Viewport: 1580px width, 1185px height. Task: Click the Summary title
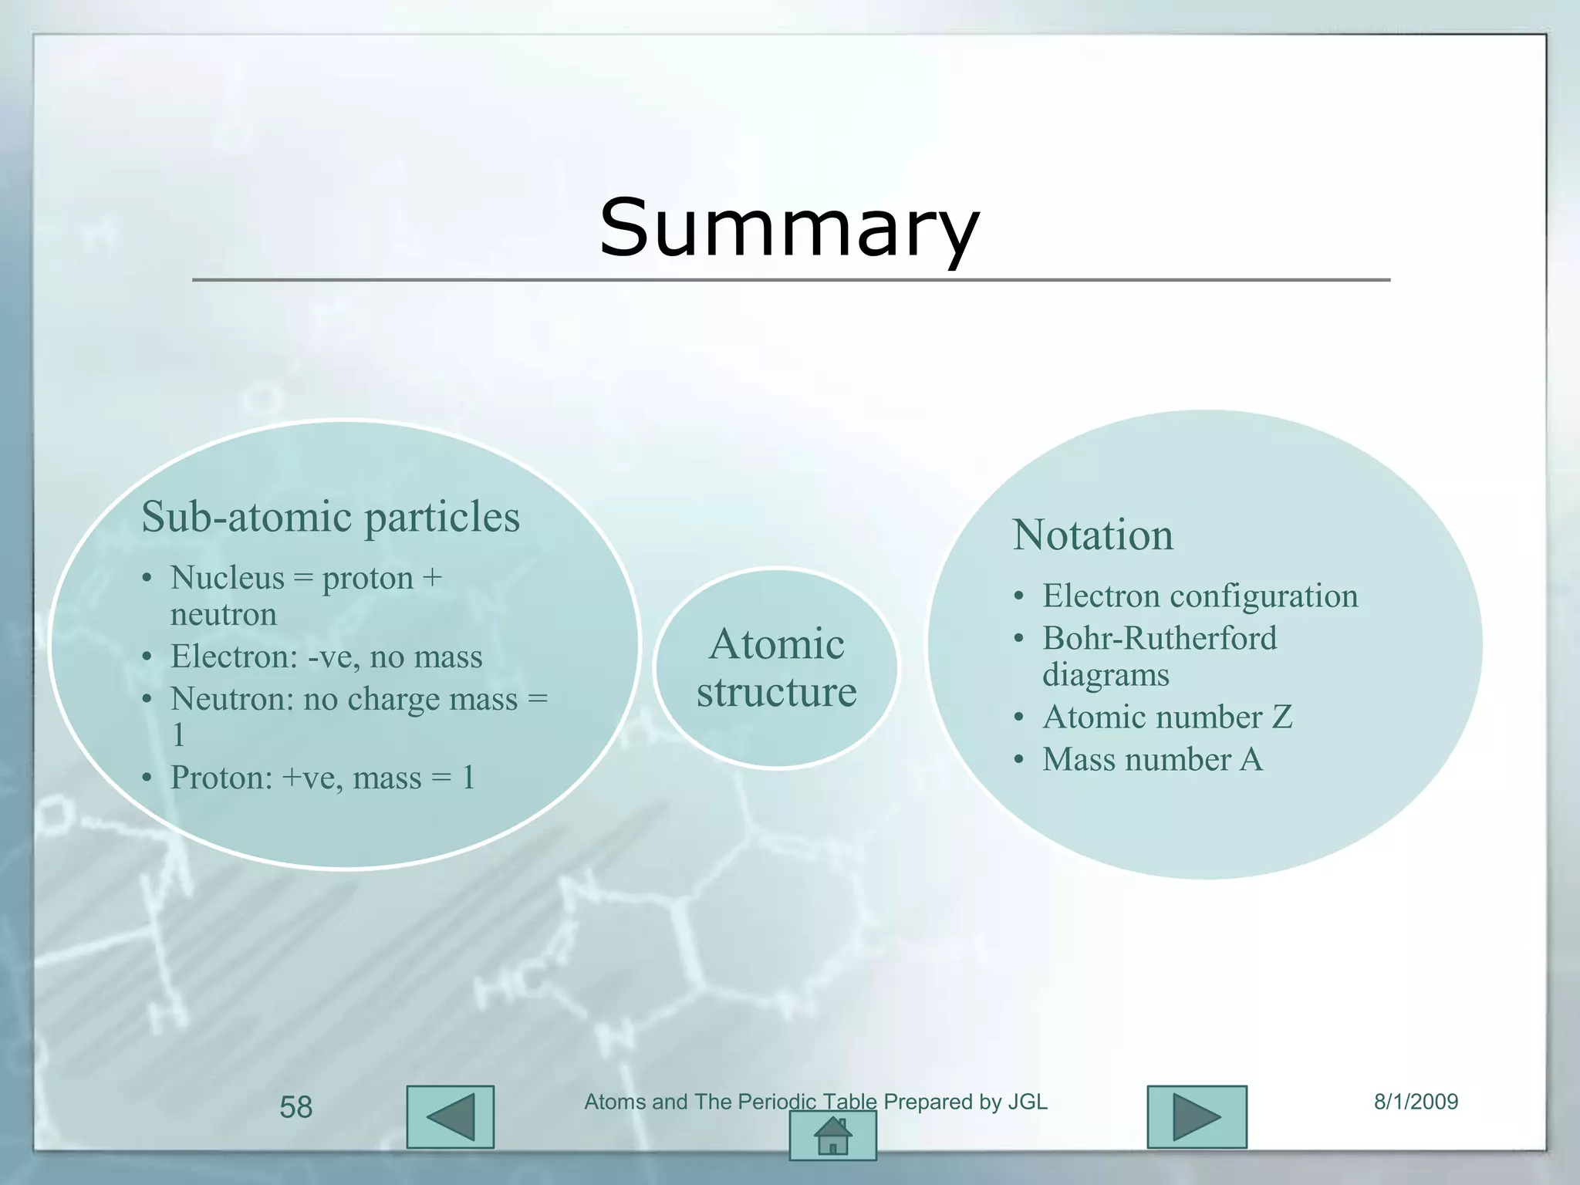pos(789,228)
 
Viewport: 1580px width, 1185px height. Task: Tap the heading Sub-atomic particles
pos(330,517)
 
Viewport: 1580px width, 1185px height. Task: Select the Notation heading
pos(1092,535)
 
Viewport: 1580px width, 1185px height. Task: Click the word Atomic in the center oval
pos(776,644)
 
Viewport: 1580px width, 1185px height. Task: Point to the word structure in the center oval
pos(776,692)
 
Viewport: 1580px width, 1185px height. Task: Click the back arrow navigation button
pos(451,1117)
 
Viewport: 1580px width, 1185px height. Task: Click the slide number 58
pos(295,1108)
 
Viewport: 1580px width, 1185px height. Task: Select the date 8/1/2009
pos(1416,1102)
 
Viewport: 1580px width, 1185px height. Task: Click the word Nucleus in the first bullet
pos(227,578)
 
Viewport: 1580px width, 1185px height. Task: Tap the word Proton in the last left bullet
pos(221,778)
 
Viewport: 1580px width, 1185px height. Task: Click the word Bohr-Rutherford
pos(1160,639)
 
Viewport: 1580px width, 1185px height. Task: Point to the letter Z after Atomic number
pos(1281,717)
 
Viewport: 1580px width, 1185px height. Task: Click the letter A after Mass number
pos(1251,760)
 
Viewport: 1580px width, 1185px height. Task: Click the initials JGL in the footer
pos(1028,1102)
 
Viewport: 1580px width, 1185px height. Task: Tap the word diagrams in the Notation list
pos(1106,675)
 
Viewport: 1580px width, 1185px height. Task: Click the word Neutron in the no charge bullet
pos(231,699)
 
